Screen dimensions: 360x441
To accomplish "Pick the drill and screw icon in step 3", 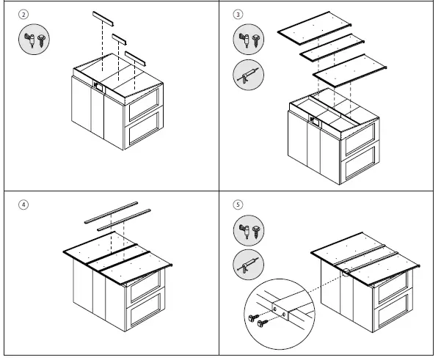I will tap(247, 39).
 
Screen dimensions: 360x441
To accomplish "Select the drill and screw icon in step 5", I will tap(247, 229).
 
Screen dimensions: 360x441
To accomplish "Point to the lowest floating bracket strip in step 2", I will tap(136, 57).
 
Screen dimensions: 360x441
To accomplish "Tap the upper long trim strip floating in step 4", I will tap(110, 210).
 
